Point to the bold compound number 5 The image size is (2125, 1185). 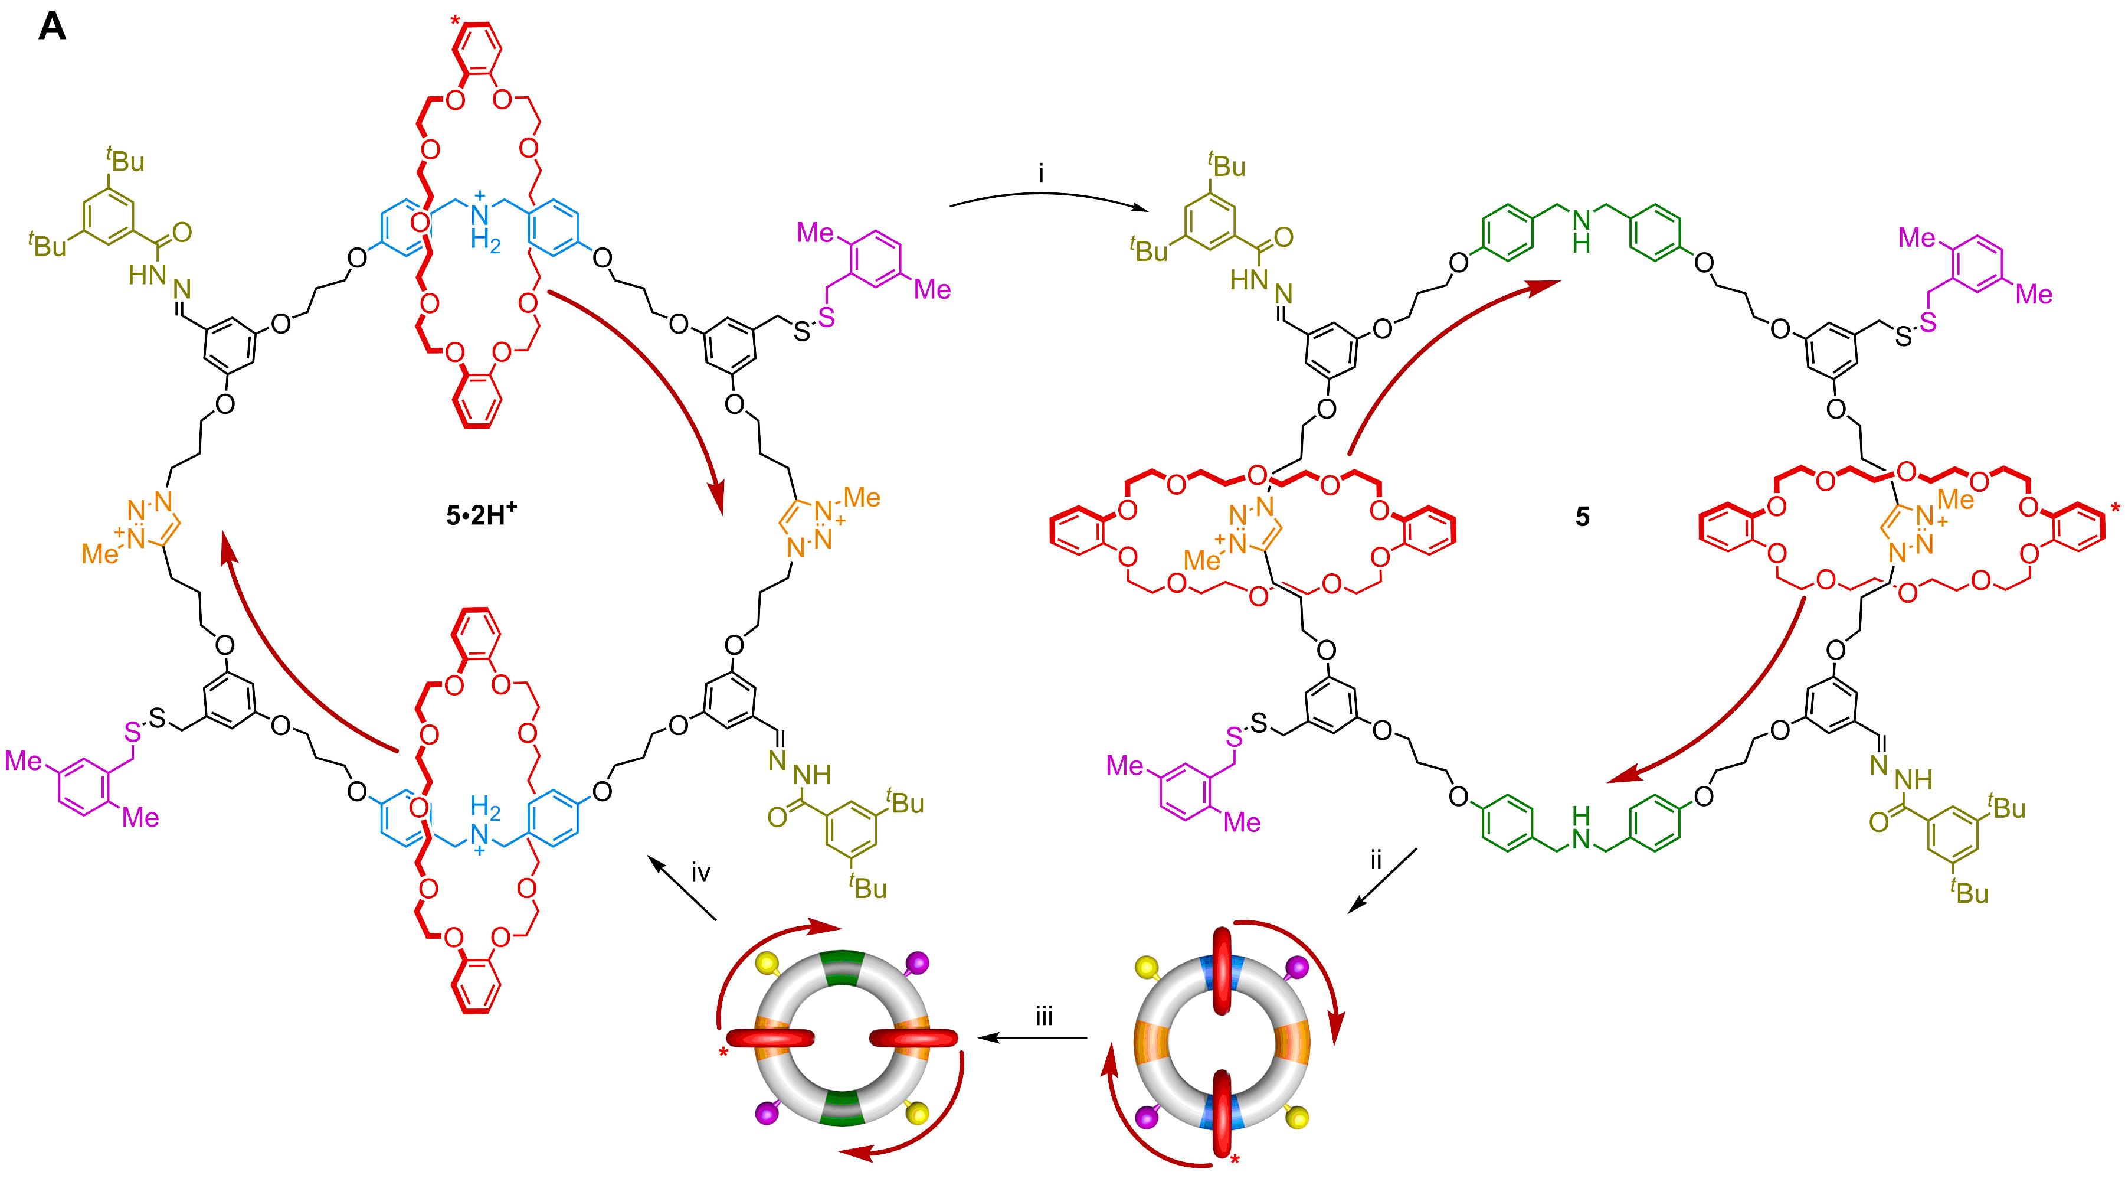pos(1582,517)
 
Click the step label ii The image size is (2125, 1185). pos(1375,861)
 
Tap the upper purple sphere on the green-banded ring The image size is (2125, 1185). pos(917,963)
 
